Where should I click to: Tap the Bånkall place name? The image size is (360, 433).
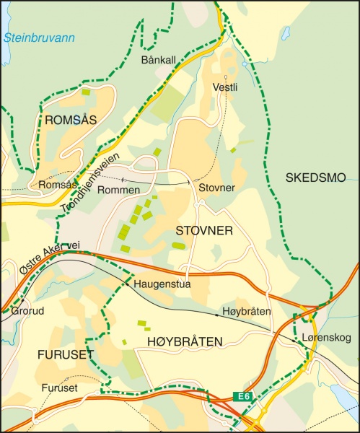pos(159,60)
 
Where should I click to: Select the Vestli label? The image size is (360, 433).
pos(225,87)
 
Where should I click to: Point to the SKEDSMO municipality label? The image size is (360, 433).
pos(315,178)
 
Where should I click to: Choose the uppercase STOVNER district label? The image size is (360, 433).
pos(204,231)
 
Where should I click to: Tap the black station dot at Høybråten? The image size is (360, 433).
pos(216,315)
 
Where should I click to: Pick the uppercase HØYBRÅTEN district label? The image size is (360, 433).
pos(186,341)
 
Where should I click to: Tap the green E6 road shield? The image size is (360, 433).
pos(242,395)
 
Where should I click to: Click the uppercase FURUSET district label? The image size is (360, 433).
pos(66,354)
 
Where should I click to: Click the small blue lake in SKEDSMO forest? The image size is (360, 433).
pos(286,34)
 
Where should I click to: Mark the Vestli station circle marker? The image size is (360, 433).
pos(225,76)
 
